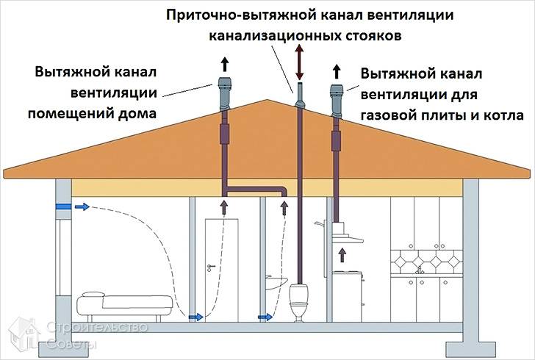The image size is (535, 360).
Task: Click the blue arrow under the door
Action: coord(195,317)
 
